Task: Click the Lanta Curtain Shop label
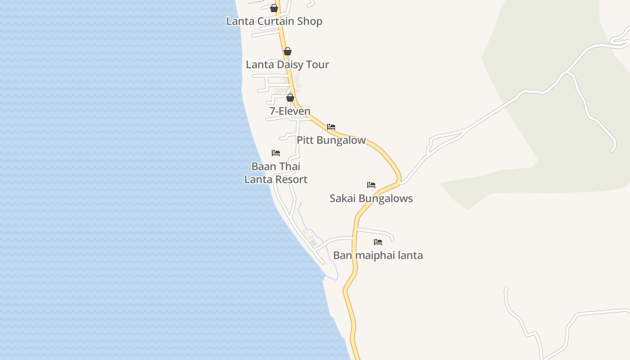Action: [274, 21]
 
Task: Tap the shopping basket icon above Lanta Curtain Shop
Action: [274, 8]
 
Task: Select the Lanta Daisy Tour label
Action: [287, 64]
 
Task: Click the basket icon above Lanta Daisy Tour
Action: [288, 51]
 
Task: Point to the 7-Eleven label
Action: [290, 111]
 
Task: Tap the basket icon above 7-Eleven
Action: [290, 98]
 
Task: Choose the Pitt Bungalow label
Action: [331, 140]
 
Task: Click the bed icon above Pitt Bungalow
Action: [331, 127]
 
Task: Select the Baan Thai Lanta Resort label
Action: [276, 173]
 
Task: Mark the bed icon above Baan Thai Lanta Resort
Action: [276, 153]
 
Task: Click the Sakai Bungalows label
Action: [371, 198]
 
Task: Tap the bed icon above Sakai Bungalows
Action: [371, 185]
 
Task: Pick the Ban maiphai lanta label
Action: [378, 256]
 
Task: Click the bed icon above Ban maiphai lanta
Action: [378, 242]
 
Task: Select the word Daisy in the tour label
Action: [287, 64]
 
